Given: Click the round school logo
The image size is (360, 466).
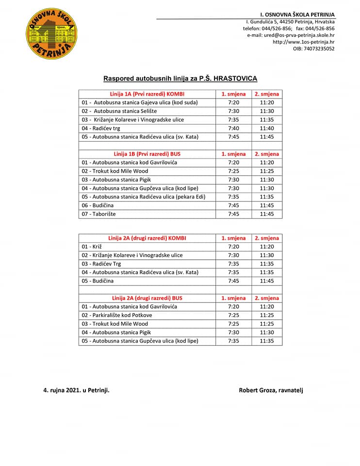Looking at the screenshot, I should click(x=51, y=33).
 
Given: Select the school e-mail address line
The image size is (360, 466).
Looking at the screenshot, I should click(x=291, y=35).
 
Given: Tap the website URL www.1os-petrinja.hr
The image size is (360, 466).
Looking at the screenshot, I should click(x=303, y=42).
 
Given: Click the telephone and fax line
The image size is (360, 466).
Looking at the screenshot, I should click(x=289, y=28).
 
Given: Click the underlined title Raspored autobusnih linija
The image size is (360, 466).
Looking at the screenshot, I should click(x=180, y=78).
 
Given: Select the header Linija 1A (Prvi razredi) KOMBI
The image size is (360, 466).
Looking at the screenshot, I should click(x=147, y=94).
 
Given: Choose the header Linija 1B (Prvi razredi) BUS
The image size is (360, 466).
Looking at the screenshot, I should click(x=147, y=154).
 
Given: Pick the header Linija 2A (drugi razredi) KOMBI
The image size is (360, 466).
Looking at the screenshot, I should click(x=147, y=238).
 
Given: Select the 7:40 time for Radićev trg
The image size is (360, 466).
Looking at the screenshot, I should click(x=233, y=128).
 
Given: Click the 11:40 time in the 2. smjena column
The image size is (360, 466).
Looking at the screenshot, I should click(x=266, y=128).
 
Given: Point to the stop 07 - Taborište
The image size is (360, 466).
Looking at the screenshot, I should click(x=99, y=214).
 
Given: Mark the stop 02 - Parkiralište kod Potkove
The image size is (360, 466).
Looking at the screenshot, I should click(x=117, y=315).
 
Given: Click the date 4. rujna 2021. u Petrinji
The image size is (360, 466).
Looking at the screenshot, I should click(x=76, y=390).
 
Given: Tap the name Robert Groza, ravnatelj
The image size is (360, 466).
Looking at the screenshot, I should click(x=271, y=390).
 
